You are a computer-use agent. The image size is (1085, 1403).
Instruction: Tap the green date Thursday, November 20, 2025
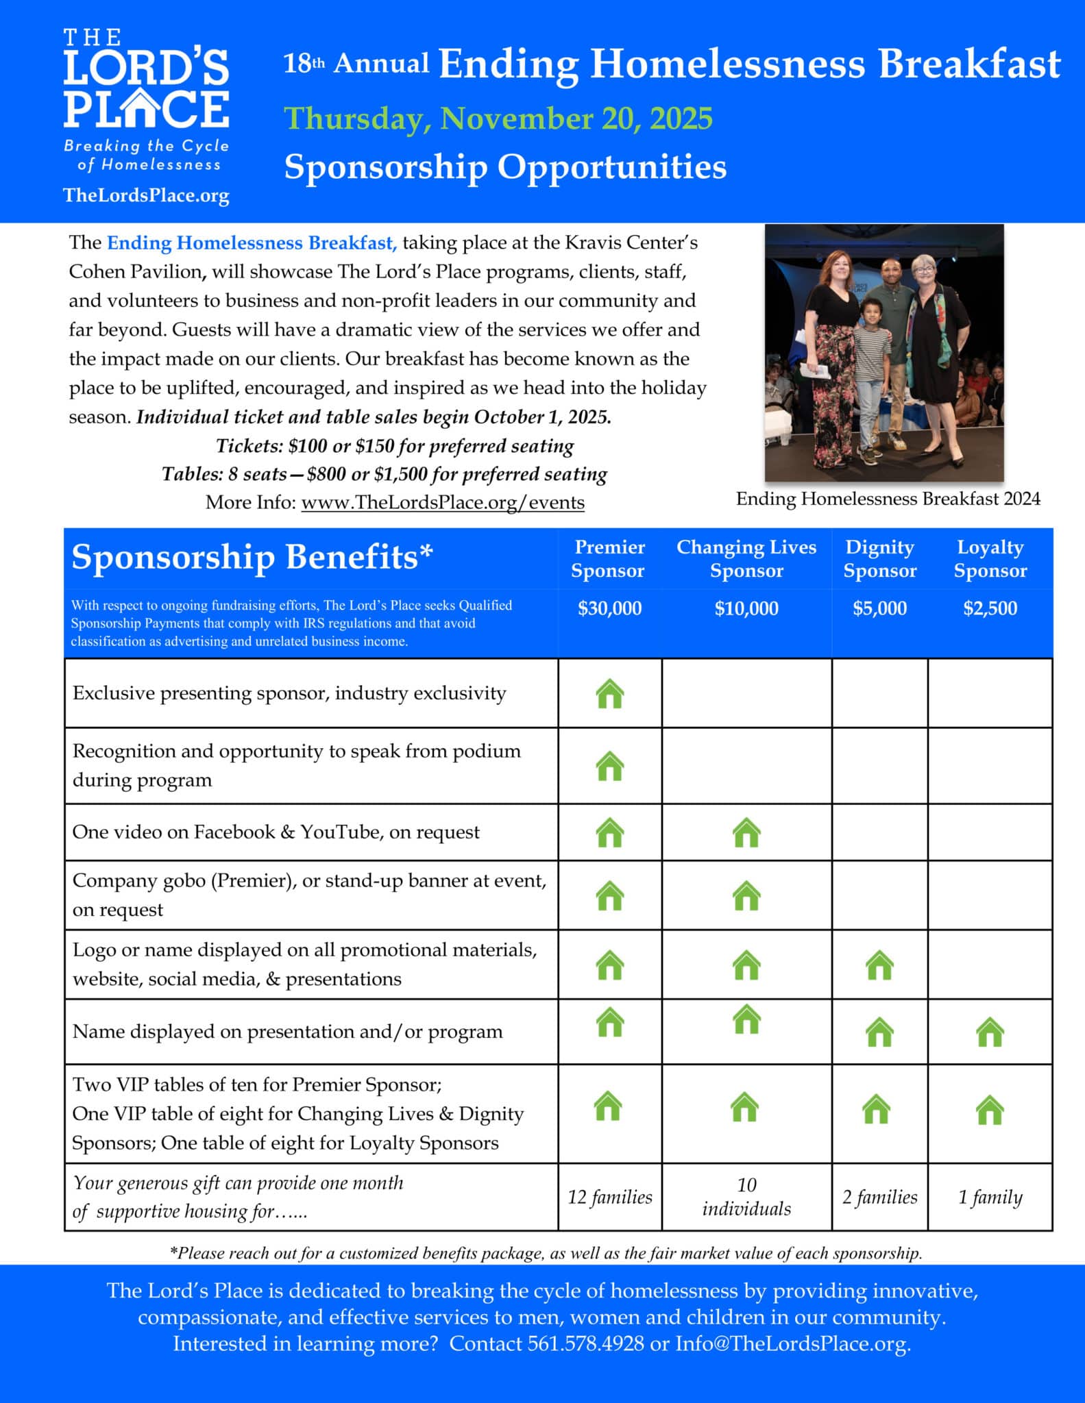click(498, 119)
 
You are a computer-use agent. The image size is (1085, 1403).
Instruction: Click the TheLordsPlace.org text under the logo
click(146, 195)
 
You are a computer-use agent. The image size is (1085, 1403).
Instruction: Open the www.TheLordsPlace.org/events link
click(443, 502)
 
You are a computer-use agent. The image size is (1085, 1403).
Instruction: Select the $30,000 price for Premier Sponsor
click(609, 608)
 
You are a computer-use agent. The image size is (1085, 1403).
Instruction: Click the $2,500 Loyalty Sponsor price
click(990, 608)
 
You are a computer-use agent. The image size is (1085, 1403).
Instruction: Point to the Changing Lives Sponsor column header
click(746, 558)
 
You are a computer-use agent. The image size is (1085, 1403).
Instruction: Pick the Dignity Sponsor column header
click(879, 558)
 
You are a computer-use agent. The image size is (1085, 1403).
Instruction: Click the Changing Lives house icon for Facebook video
click(746, 833)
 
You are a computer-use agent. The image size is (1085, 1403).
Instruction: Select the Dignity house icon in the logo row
click(879, 966)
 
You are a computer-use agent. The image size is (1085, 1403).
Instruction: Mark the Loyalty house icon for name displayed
click(990, 1032)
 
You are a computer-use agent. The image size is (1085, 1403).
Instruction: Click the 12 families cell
click(609, 1197)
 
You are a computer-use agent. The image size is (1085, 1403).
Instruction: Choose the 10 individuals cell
click(746, 1197)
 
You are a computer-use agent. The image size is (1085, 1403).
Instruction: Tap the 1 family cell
click(990, 1197)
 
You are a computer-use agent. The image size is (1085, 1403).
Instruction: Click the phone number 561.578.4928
click(585, 1343)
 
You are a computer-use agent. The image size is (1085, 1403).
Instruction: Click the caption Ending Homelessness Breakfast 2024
click(888, 499)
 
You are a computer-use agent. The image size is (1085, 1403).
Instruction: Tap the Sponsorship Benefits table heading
click(252, 557)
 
